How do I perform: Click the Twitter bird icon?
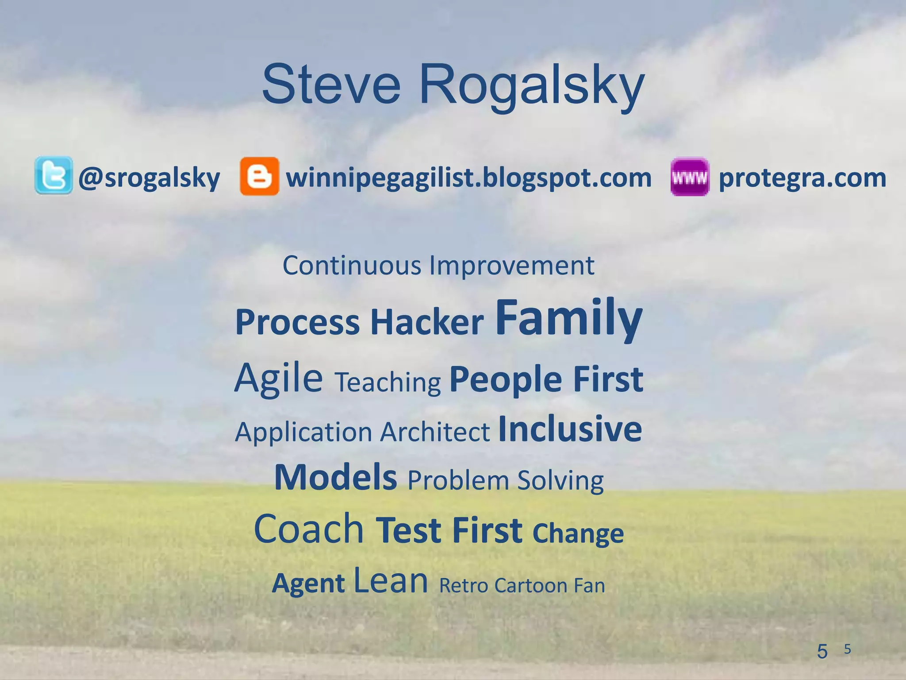point(54,175)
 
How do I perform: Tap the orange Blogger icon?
point(259,176)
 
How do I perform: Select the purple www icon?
point(690,177)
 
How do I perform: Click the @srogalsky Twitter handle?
point(149,178)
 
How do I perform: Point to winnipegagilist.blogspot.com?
point(469,178)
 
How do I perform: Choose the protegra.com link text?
point(802,178)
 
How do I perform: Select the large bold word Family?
point(568,318)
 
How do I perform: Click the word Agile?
point(279,379)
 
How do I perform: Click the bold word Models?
point(335,477)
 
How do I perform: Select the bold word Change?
point(578,533)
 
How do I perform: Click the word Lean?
point(391,581)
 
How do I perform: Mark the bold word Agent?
point(308,583)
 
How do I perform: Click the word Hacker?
point(427,322)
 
